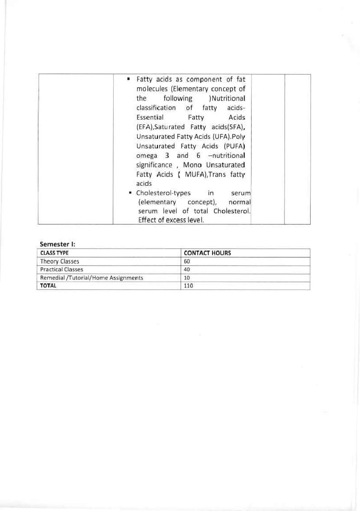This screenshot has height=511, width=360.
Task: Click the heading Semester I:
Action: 58,244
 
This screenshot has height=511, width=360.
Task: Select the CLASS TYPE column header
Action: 54,253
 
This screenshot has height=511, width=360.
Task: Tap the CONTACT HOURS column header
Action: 207,253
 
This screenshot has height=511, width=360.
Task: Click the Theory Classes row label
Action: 59,261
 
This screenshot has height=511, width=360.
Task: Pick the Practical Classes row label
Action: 62,270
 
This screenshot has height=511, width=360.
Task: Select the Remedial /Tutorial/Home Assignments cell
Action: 92,278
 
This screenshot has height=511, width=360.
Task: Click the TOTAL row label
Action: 48,286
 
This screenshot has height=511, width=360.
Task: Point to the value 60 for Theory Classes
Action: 187,261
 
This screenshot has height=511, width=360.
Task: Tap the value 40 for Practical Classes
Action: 187,270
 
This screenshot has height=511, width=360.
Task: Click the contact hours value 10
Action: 187,278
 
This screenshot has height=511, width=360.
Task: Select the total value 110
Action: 188,286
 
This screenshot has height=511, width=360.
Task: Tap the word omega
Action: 147,156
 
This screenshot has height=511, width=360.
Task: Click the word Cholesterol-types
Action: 163,193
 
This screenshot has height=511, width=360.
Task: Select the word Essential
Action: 150,117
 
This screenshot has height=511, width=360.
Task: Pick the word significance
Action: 154,165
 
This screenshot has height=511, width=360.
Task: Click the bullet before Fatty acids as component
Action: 129,79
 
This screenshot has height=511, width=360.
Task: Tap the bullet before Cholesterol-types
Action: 130,193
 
